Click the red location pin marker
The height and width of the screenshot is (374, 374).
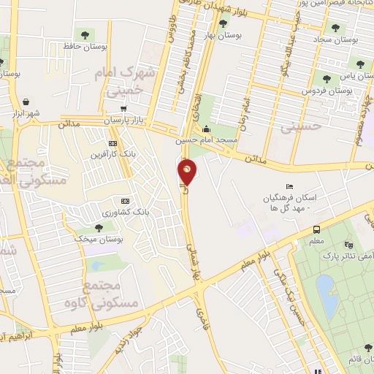pos(188,172)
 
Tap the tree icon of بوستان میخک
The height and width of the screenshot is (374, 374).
pos(99,227)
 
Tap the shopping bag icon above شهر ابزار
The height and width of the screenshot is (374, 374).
pos(27,102)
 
